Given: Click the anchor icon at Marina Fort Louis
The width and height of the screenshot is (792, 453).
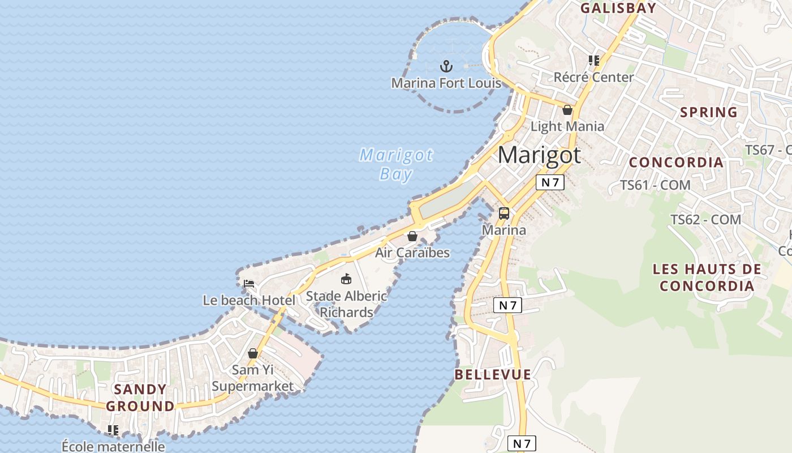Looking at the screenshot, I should tap(446, 66).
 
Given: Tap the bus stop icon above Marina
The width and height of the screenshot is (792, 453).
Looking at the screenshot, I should tap(503, 213).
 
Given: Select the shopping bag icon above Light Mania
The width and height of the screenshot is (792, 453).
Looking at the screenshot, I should tap(567, 109).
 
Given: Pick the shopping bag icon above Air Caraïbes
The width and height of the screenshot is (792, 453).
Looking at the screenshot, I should tap(412, 236).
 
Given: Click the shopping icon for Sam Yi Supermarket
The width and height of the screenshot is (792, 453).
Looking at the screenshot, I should tap(253, 353).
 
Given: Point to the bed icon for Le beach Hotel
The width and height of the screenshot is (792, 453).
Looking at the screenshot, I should tap(248, 284).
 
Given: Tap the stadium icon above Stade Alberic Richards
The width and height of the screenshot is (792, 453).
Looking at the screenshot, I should tap(346, 279).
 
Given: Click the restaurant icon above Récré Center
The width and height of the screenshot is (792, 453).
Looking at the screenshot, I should tap(593, 60).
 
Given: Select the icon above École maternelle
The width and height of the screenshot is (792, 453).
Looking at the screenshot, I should tap(113, 430).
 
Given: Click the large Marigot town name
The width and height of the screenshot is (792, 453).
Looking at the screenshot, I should tap(539, 155).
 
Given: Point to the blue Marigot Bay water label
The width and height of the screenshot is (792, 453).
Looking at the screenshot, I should tap(396, 164).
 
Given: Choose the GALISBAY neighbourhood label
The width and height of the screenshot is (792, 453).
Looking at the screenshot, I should tap(618, 8).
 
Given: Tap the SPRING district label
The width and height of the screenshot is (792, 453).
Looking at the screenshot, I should tap(709, 112).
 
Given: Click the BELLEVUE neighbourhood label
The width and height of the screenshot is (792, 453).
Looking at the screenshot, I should tap(493, 374).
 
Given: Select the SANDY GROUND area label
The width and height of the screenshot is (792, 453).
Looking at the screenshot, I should tap(140, 398).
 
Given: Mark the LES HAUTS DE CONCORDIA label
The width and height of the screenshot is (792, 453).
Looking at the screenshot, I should tap(707, 277).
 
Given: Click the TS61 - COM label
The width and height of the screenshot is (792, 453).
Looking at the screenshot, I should tap(655, 185).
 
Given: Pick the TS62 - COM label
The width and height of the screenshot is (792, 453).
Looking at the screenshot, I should tap(705, 219).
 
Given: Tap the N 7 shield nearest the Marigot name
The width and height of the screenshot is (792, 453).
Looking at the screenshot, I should tap(550, 182).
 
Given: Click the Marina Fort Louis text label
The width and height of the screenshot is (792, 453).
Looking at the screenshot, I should tap(446, 83).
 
